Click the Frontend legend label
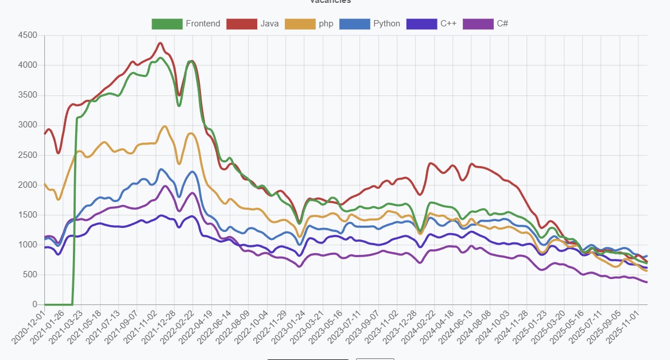[203, 24]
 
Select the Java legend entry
[269, 24]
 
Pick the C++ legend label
[448, 24]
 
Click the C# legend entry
[502, 24]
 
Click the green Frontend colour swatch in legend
[166, 24]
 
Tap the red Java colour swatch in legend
[241, 24]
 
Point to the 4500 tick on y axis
[27, 36]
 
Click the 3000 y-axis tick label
[27, 125]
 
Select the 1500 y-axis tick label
[27, 215]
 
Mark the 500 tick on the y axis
[29, 274]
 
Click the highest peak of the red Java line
[160, 43]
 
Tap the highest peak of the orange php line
[165, 126]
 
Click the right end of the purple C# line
[647, 282]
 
